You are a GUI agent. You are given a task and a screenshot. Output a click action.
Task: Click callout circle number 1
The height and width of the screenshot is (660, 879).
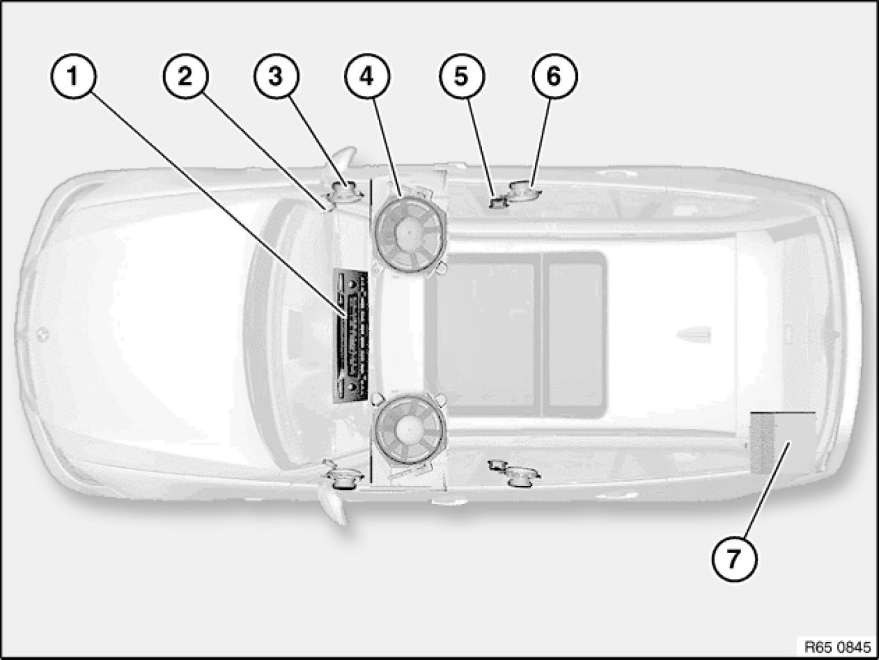pyautogui.click(x=73, y=77)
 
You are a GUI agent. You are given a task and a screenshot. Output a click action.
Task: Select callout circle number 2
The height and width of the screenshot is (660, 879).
pyautogui.click(x=185, y=77)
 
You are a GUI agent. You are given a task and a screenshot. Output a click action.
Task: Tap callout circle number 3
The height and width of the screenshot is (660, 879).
pyautogui.click(x=276, y=77)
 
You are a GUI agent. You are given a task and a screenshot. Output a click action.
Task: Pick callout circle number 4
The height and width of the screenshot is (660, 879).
pyautogui.click(x=367, y=77)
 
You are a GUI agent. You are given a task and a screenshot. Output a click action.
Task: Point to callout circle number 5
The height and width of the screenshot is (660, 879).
pyautogui.click(x=461, y=77)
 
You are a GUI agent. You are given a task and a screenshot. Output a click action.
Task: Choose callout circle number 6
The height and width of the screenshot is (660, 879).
pyautogui.click(x=554, y=77)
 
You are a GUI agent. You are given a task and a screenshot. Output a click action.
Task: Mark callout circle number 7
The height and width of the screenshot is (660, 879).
pyautogui.click(x=734, y=559)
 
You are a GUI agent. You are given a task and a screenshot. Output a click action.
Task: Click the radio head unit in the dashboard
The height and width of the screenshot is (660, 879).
pyautogui.click(x=350, y=336)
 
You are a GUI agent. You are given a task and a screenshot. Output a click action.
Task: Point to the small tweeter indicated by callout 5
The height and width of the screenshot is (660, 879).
pyautogui.click(x=498, y=202)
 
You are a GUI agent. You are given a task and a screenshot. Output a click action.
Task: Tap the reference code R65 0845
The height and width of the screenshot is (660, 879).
pyautogui.click(x=838, y=647)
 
